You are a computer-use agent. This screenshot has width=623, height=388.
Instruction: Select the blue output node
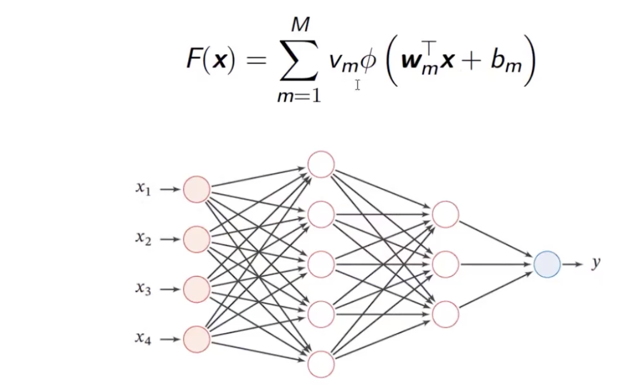[547, 264]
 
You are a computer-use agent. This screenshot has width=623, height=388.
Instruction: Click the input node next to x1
[197, 189]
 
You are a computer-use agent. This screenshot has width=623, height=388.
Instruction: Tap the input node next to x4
[197, 339]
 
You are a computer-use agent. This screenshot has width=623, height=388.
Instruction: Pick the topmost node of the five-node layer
[321, 164]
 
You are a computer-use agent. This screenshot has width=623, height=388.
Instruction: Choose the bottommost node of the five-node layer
[321, 364]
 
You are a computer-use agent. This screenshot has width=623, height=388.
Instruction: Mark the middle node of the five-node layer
[321, 264]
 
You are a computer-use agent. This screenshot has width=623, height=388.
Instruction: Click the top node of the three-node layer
[445, 214]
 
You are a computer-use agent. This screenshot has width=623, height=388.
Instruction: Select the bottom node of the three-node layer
[445, 314]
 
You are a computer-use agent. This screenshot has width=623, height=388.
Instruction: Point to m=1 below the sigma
[298, 95]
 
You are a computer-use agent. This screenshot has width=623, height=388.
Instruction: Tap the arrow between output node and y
[572, 264]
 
